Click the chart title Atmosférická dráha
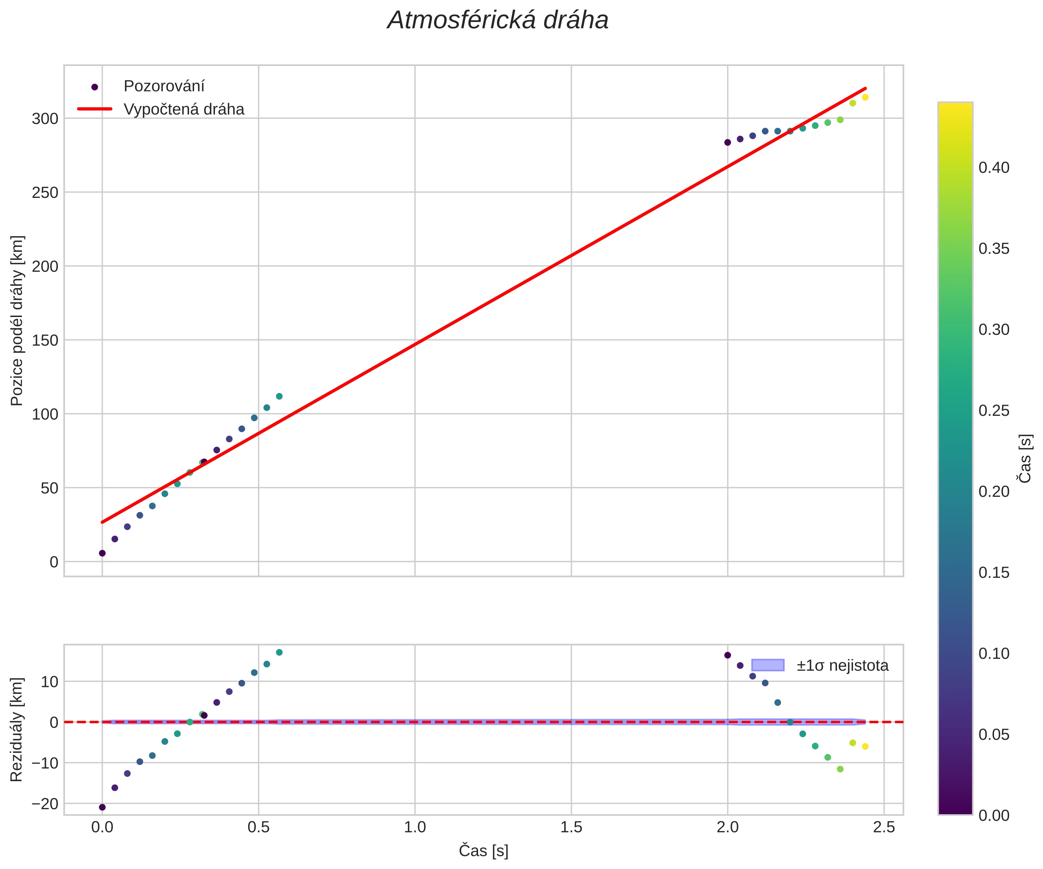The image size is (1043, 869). tap(498, 21)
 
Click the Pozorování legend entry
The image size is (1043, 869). tap(164, 86)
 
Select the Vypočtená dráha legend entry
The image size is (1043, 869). tap(184, 109)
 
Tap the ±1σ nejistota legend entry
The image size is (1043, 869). tap(842, 665)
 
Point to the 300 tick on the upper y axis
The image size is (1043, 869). tap(45, 119)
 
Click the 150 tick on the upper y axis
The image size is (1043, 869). tap(45, 340)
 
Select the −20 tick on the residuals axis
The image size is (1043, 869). tap(44, 803)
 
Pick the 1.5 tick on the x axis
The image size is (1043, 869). tap(571, 827)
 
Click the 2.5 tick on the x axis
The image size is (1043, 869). tap(884, 827)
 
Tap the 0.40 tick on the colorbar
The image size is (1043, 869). tap(994, 168)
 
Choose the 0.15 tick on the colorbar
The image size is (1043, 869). tap(994, 572)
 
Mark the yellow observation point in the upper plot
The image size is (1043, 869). tap(865, 97)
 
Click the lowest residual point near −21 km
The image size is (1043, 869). tap(102, 807)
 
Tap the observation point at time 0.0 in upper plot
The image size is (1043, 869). tap(102, 553)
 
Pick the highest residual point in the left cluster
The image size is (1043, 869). tap(279, 652)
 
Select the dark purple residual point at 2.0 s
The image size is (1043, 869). tap(728, 655)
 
